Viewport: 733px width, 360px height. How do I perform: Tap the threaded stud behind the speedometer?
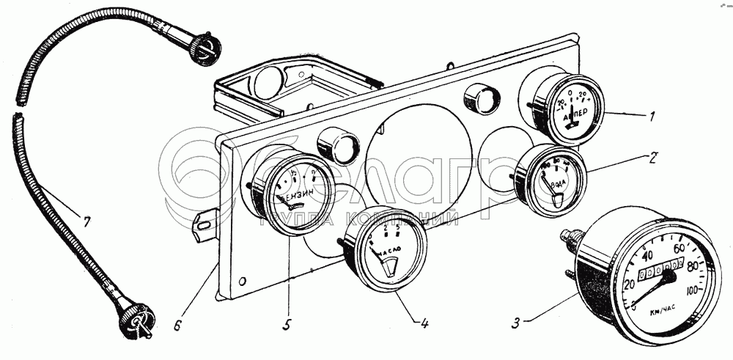tap(570, 238)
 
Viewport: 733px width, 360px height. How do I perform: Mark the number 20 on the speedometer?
tap(628, 284)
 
